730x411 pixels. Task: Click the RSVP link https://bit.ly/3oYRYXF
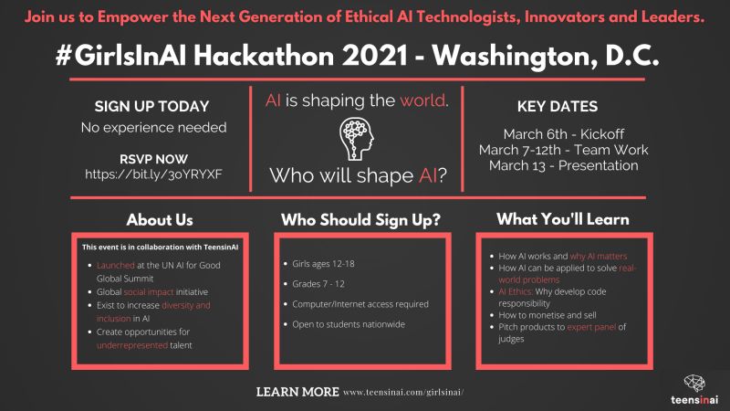coord(152,173)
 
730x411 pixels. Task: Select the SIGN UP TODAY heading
coord(152,106)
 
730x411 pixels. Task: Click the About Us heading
coord(159,220)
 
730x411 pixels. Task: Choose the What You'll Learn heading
coord(562,220)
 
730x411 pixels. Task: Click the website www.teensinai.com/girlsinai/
coord(403,393)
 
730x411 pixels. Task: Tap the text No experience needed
coord(152,128)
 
